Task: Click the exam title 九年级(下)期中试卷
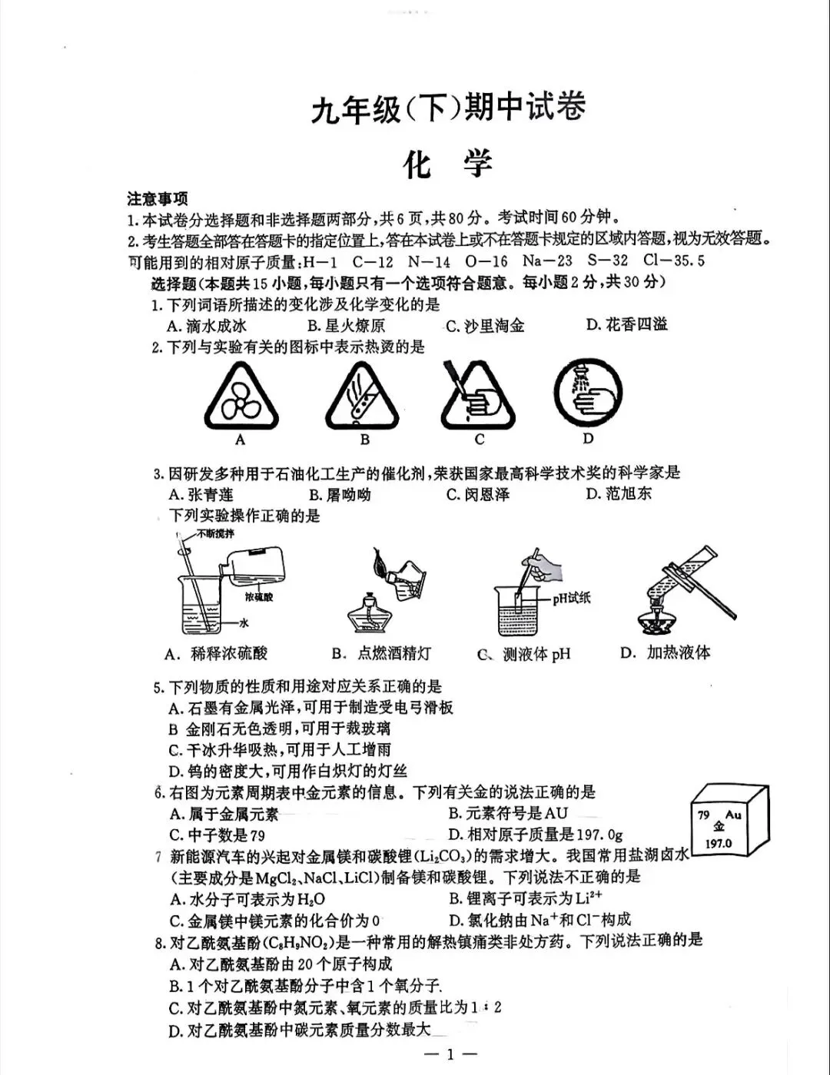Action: (x=448, y=108)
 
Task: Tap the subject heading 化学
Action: (x=448, y=164)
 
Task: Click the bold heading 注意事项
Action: (x=158, y=200)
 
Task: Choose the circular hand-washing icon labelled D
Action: (x=588, y=393)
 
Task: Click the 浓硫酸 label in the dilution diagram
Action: (x=259, y=596)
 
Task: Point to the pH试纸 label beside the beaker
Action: (x=571, y=598)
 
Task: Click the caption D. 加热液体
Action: (x=666, y=653)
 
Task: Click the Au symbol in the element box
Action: (x=732, y=815)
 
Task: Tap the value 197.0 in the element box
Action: (x=719, y=843)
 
